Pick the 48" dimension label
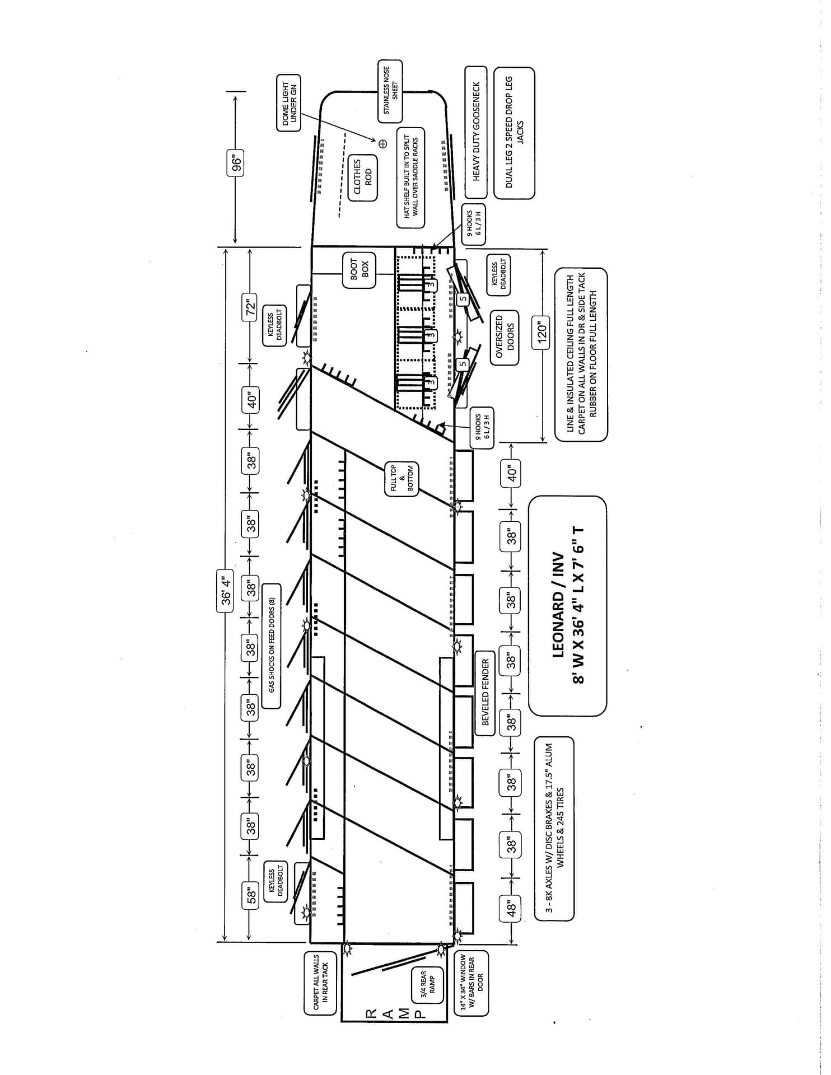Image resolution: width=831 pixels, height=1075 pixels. point(511,906)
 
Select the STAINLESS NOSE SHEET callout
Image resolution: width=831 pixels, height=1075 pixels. point(390,91)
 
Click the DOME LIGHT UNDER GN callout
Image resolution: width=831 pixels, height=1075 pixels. point(289,104)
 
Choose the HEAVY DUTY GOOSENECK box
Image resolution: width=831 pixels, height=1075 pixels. point(476,132)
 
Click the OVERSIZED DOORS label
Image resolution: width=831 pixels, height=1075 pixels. point(504,338)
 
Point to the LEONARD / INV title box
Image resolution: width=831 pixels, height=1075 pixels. point(567,606)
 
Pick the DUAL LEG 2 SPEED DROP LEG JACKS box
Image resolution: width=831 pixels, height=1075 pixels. point(514,132)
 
